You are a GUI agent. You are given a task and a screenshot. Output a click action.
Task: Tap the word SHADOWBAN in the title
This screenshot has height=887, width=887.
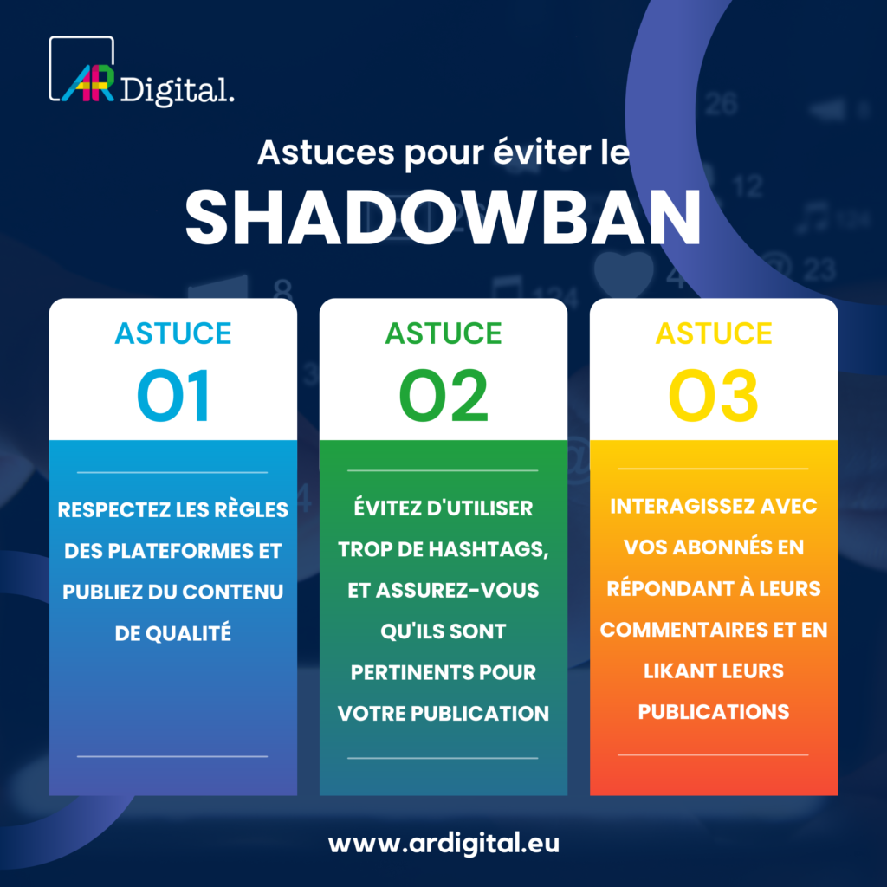443,217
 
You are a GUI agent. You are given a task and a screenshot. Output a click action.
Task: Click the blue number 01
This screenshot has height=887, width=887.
173,397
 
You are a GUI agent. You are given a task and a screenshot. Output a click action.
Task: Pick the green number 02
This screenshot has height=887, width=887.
443,397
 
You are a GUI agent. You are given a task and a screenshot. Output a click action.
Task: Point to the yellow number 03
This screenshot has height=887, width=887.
714,397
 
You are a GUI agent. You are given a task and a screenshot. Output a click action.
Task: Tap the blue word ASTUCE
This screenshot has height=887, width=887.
173,333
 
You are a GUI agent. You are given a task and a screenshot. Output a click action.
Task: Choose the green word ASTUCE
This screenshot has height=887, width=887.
443,333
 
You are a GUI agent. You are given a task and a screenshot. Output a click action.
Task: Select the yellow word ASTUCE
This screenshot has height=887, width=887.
714,333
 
